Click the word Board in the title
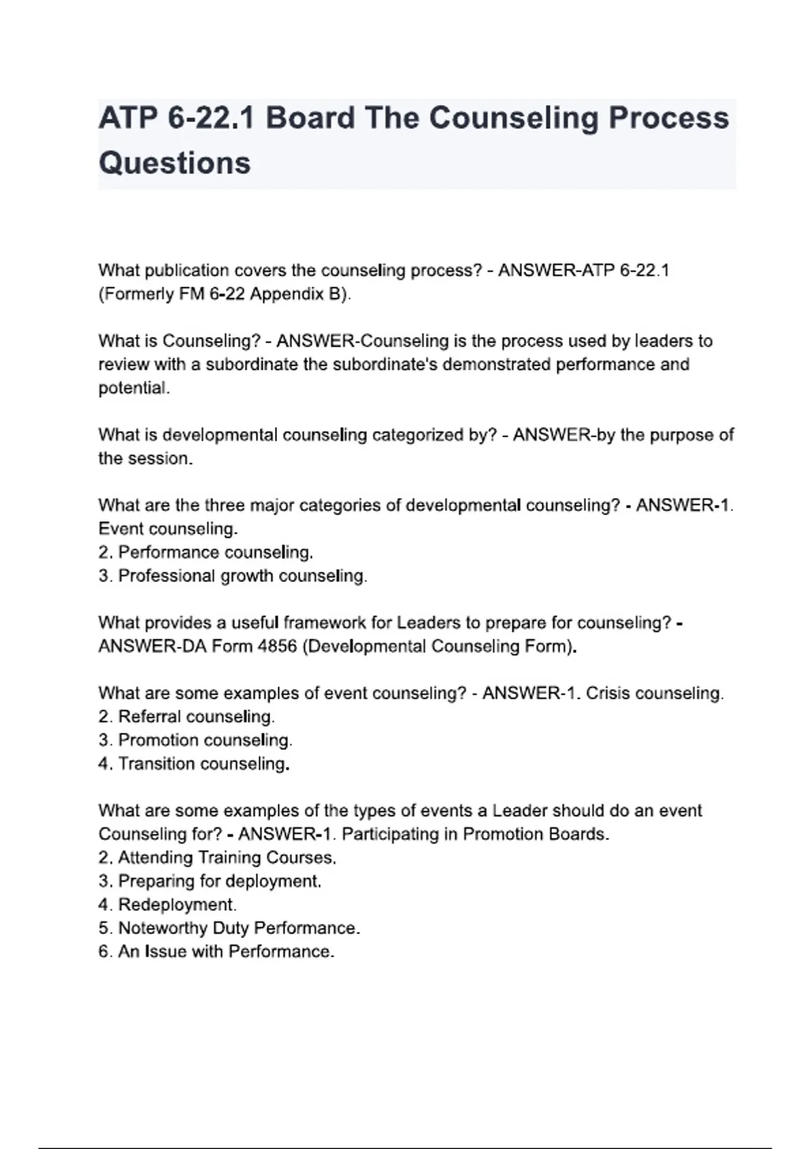(x=310, y=118)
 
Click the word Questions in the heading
(x=174, y=164)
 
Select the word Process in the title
(x=668, y=118)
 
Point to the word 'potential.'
(x=134, y=388)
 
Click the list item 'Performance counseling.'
(x=215, y=552)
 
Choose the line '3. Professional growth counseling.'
(x=232, y=576)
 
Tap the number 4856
(x=277, y=646)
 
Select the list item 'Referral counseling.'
(x=196, y=716)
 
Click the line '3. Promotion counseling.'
(x=195, y=740)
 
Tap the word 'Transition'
(x=157, y=764)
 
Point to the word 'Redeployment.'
(x=177, y=904)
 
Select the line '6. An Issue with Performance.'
(x=216, y=952)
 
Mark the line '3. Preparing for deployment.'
(x=210, y=881)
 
